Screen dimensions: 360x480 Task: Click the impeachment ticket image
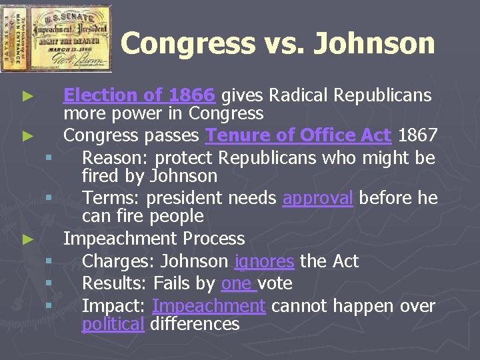(x=56, y=37)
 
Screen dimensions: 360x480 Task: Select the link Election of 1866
(x=139, y=96)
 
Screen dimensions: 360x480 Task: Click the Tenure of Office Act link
(x=298, y=136)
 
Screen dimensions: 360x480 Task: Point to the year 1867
(x=417, y=136)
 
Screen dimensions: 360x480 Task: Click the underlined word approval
(x=318, y=198)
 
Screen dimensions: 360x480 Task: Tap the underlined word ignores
(x=264, y=261)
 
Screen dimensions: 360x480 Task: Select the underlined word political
(x=113, y=324)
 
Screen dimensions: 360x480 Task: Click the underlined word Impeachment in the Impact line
(x=209, y=306)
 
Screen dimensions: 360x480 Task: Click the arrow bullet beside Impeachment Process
(x=27, y=239)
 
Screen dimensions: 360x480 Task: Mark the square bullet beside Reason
(x=49, y=159)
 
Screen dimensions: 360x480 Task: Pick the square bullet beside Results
(x=49, y=284)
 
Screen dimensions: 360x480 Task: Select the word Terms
(x=110, y=198)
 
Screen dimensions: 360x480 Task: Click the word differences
(x=195, y=324)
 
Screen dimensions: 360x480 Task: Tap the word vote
(x=275, y=283)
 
